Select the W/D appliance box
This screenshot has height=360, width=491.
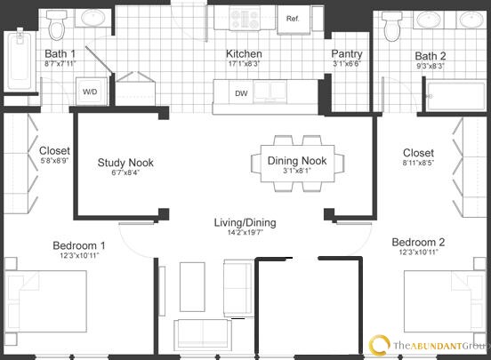click(x=91, y=92)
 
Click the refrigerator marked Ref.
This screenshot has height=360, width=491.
click(x=291, y=19)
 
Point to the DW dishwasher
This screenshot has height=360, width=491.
click(x=241, y=92)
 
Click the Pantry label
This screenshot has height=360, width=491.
click(x=346, y=52)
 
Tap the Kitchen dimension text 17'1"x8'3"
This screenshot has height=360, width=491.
click(x=242, y=63)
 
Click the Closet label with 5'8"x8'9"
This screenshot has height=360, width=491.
click(x=55, y=151)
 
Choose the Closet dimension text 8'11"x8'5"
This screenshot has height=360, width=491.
click(x=418, y=164)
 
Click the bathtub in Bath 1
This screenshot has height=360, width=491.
click(x=19, y=60)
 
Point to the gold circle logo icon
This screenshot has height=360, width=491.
click(x=379, y=344)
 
